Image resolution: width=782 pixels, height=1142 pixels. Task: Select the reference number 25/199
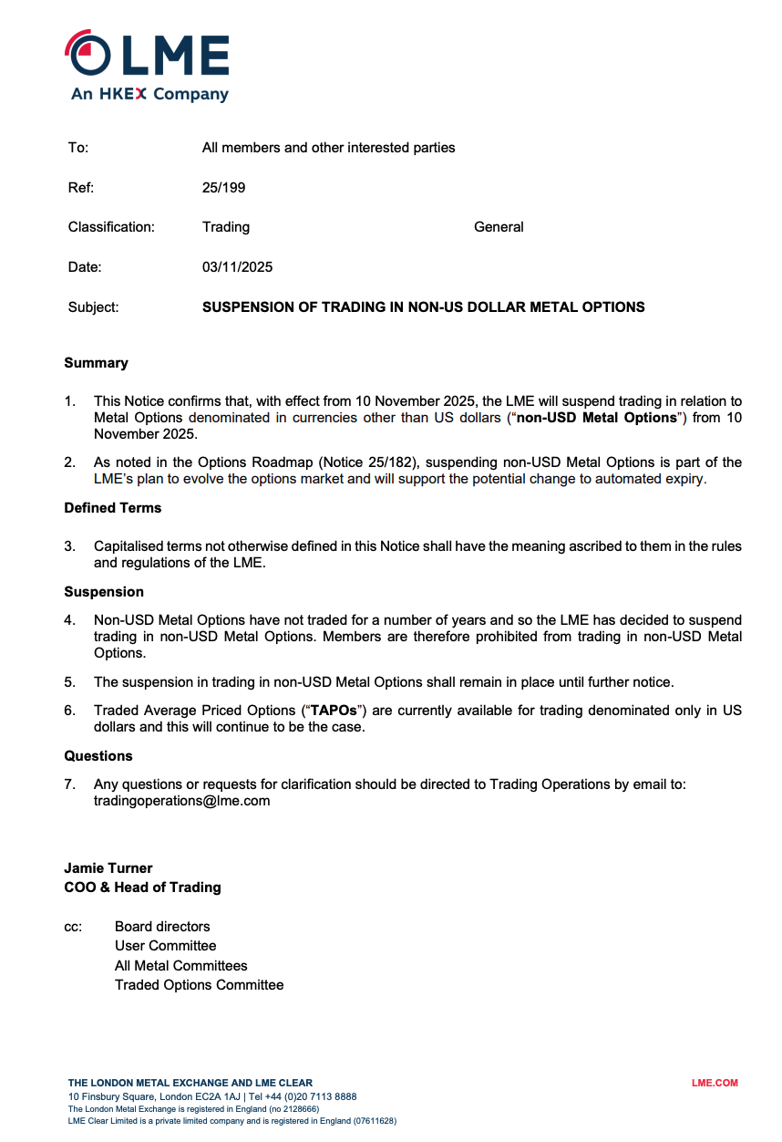click(x=223, y=188)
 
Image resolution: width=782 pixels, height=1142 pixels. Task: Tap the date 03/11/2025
click(x=237, y=267)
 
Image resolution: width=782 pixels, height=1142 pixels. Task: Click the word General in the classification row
click(x=499, y=227)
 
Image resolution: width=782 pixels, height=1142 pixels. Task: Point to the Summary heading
click(x=96, y=363)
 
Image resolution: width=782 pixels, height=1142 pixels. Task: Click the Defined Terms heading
click(x=112, y=508)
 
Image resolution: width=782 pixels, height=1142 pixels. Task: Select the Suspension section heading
click(x=104, y=592)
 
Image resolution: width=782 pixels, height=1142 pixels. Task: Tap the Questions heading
click(x=98, y=756)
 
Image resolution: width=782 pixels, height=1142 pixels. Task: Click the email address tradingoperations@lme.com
click(x=181, y=801)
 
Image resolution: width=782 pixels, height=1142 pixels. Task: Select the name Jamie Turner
click(x=108, y=868)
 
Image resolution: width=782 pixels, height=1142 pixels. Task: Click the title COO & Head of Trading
click(x=142, y=888)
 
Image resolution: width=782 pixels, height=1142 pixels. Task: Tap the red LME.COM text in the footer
click(x=715, y=1084)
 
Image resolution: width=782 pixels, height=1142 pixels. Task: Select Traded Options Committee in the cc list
click(x=199, y=985)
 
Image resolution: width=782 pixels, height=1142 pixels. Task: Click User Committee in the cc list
click(x=165, y=946)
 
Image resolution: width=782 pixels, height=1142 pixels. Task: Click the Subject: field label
click(x=93, y=307)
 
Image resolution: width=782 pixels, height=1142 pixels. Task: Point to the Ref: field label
click(x=80, y=188)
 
